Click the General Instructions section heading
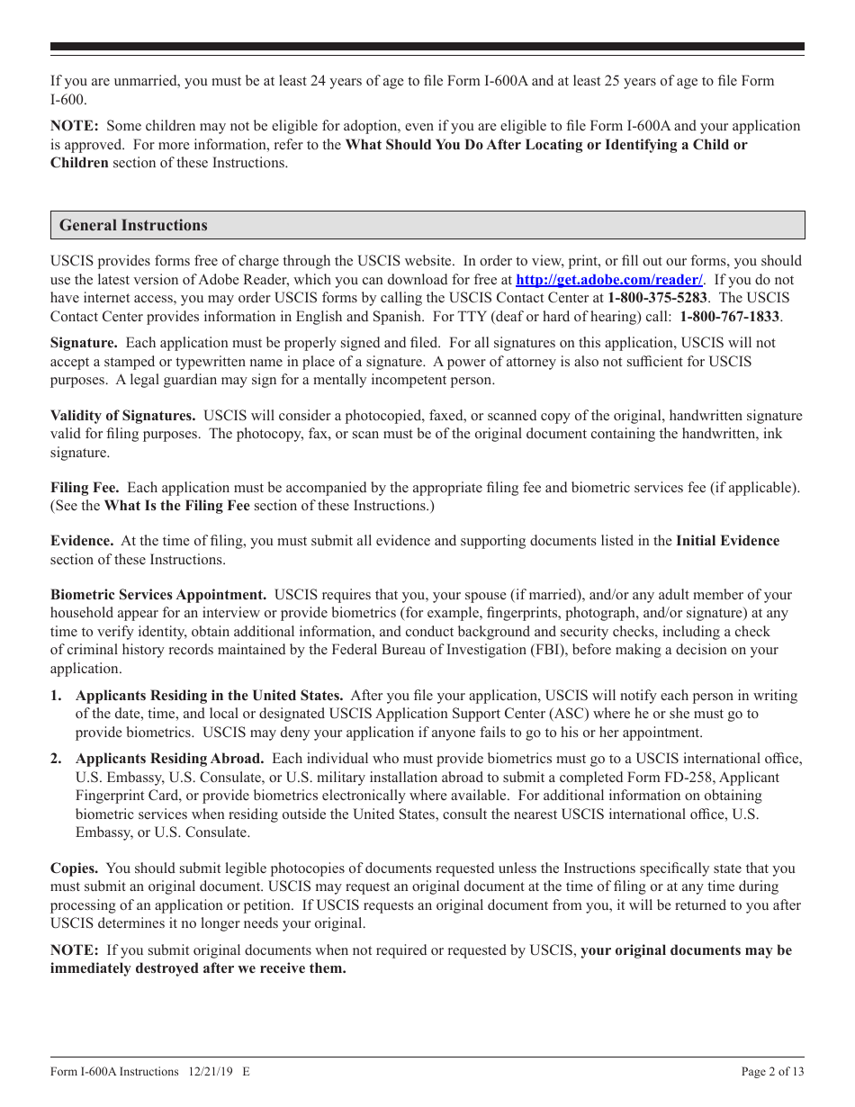(133, 226)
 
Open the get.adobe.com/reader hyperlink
(608, 280)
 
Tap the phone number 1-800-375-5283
(657, 298)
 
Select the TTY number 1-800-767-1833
(730, 317)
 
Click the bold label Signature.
(84, 343)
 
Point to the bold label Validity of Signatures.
(122, 416)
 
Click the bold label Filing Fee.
(85, 488)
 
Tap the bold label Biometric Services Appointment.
(158, 595)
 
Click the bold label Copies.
(74, 868)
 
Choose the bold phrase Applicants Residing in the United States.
(209, 696)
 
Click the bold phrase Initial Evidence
(727, 541)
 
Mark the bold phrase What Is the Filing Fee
(176, 506)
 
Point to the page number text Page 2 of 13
(772, 1071)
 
